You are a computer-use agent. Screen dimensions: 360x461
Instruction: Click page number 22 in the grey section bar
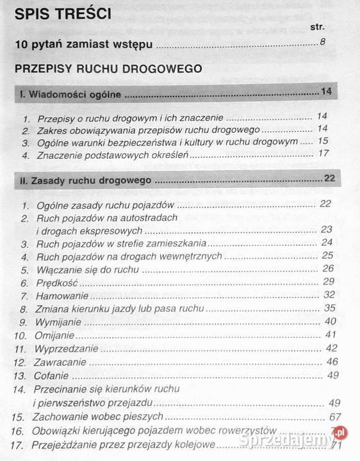(330, 178)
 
